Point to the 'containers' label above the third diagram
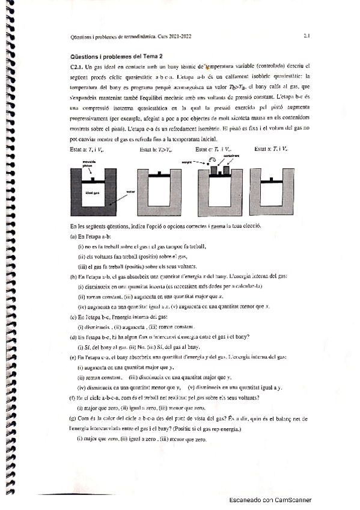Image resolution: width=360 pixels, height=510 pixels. tap(233, 155)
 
